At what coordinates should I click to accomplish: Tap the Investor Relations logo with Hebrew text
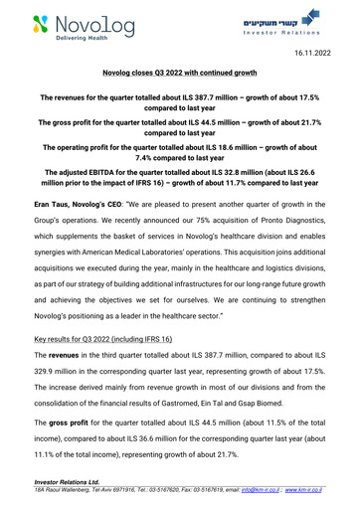293,24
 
